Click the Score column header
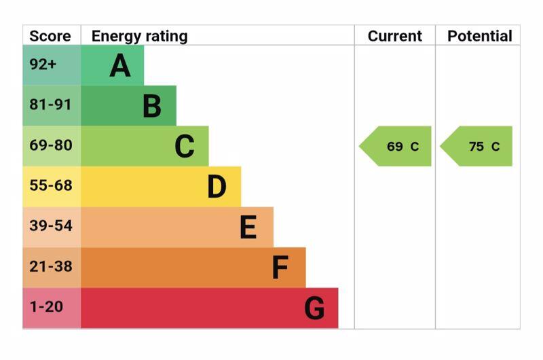50,36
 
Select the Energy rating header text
139,36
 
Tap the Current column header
395,36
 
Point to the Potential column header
479,36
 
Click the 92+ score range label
43,65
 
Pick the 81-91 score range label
50,105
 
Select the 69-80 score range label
50,145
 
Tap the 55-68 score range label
50,185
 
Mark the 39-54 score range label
50,226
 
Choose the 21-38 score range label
50,266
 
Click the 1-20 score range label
46,307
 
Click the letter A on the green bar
120,66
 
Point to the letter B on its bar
152,107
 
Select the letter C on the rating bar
185,147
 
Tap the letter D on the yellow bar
217,187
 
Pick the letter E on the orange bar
248,228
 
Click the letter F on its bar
280,268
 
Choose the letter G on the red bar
314,308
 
